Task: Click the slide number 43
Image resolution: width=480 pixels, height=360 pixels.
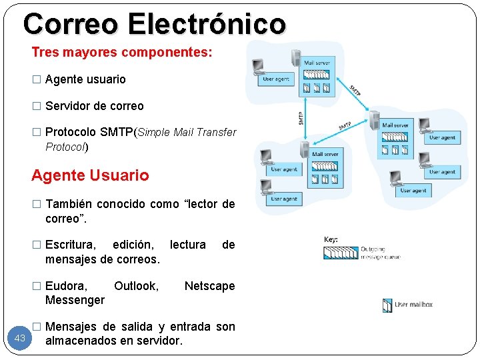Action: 20,339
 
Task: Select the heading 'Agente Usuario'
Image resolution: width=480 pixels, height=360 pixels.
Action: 91,176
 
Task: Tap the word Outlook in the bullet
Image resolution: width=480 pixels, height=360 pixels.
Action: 136,286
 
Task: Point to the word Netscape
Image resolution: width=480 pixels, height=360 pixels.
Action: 209,286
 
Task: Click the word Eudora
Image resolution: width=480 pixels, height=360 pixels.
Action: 66,286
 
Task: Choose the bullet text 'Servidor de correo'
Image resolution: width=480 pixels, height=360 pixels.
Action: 94,106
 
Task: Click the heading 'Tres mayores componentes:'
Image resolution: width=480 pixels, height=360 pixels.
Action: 122,52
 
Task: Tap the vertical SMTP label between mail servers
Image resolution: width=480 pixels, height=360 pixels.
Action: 301,119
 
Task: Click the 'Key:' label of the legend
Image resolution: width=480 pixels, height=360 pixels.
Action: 331,239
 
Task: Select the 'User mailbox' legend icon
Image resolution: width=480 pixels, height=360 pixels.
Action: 387,305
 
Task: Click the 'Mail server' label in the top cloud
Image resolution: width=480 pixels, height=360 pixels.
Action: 317,63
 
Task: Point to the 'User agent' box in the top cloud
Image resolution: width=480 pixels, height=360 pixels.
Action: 275,79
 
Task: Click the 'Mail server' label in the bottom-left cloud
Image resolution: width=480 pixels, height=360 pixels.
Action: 325,154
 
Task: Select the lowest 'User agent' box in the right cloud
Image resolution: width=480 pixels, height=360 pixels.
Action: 413,191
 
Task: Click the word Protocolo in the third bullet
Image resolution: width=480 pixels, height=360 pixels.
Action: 71,132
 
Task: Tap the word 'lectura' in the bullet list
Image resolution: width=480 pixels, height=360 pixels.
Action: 188,245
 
